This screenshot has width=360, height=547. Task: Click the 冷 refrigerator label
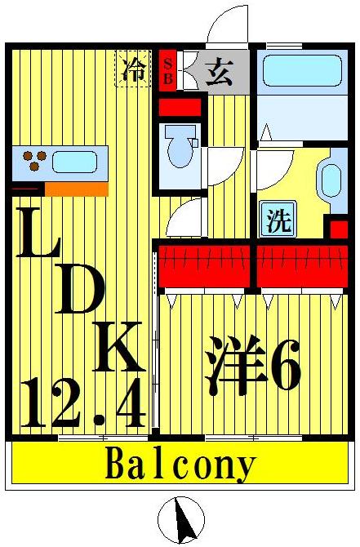(131, 69)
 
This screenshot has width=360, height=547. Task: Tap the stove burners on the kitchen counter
(33, 160)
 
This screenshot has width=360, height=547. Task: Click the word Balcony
(180, 465)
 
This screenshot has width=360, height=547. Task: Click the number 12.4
(82, 404)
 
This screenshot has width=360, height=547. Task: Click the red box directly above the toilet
(179, 105)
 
